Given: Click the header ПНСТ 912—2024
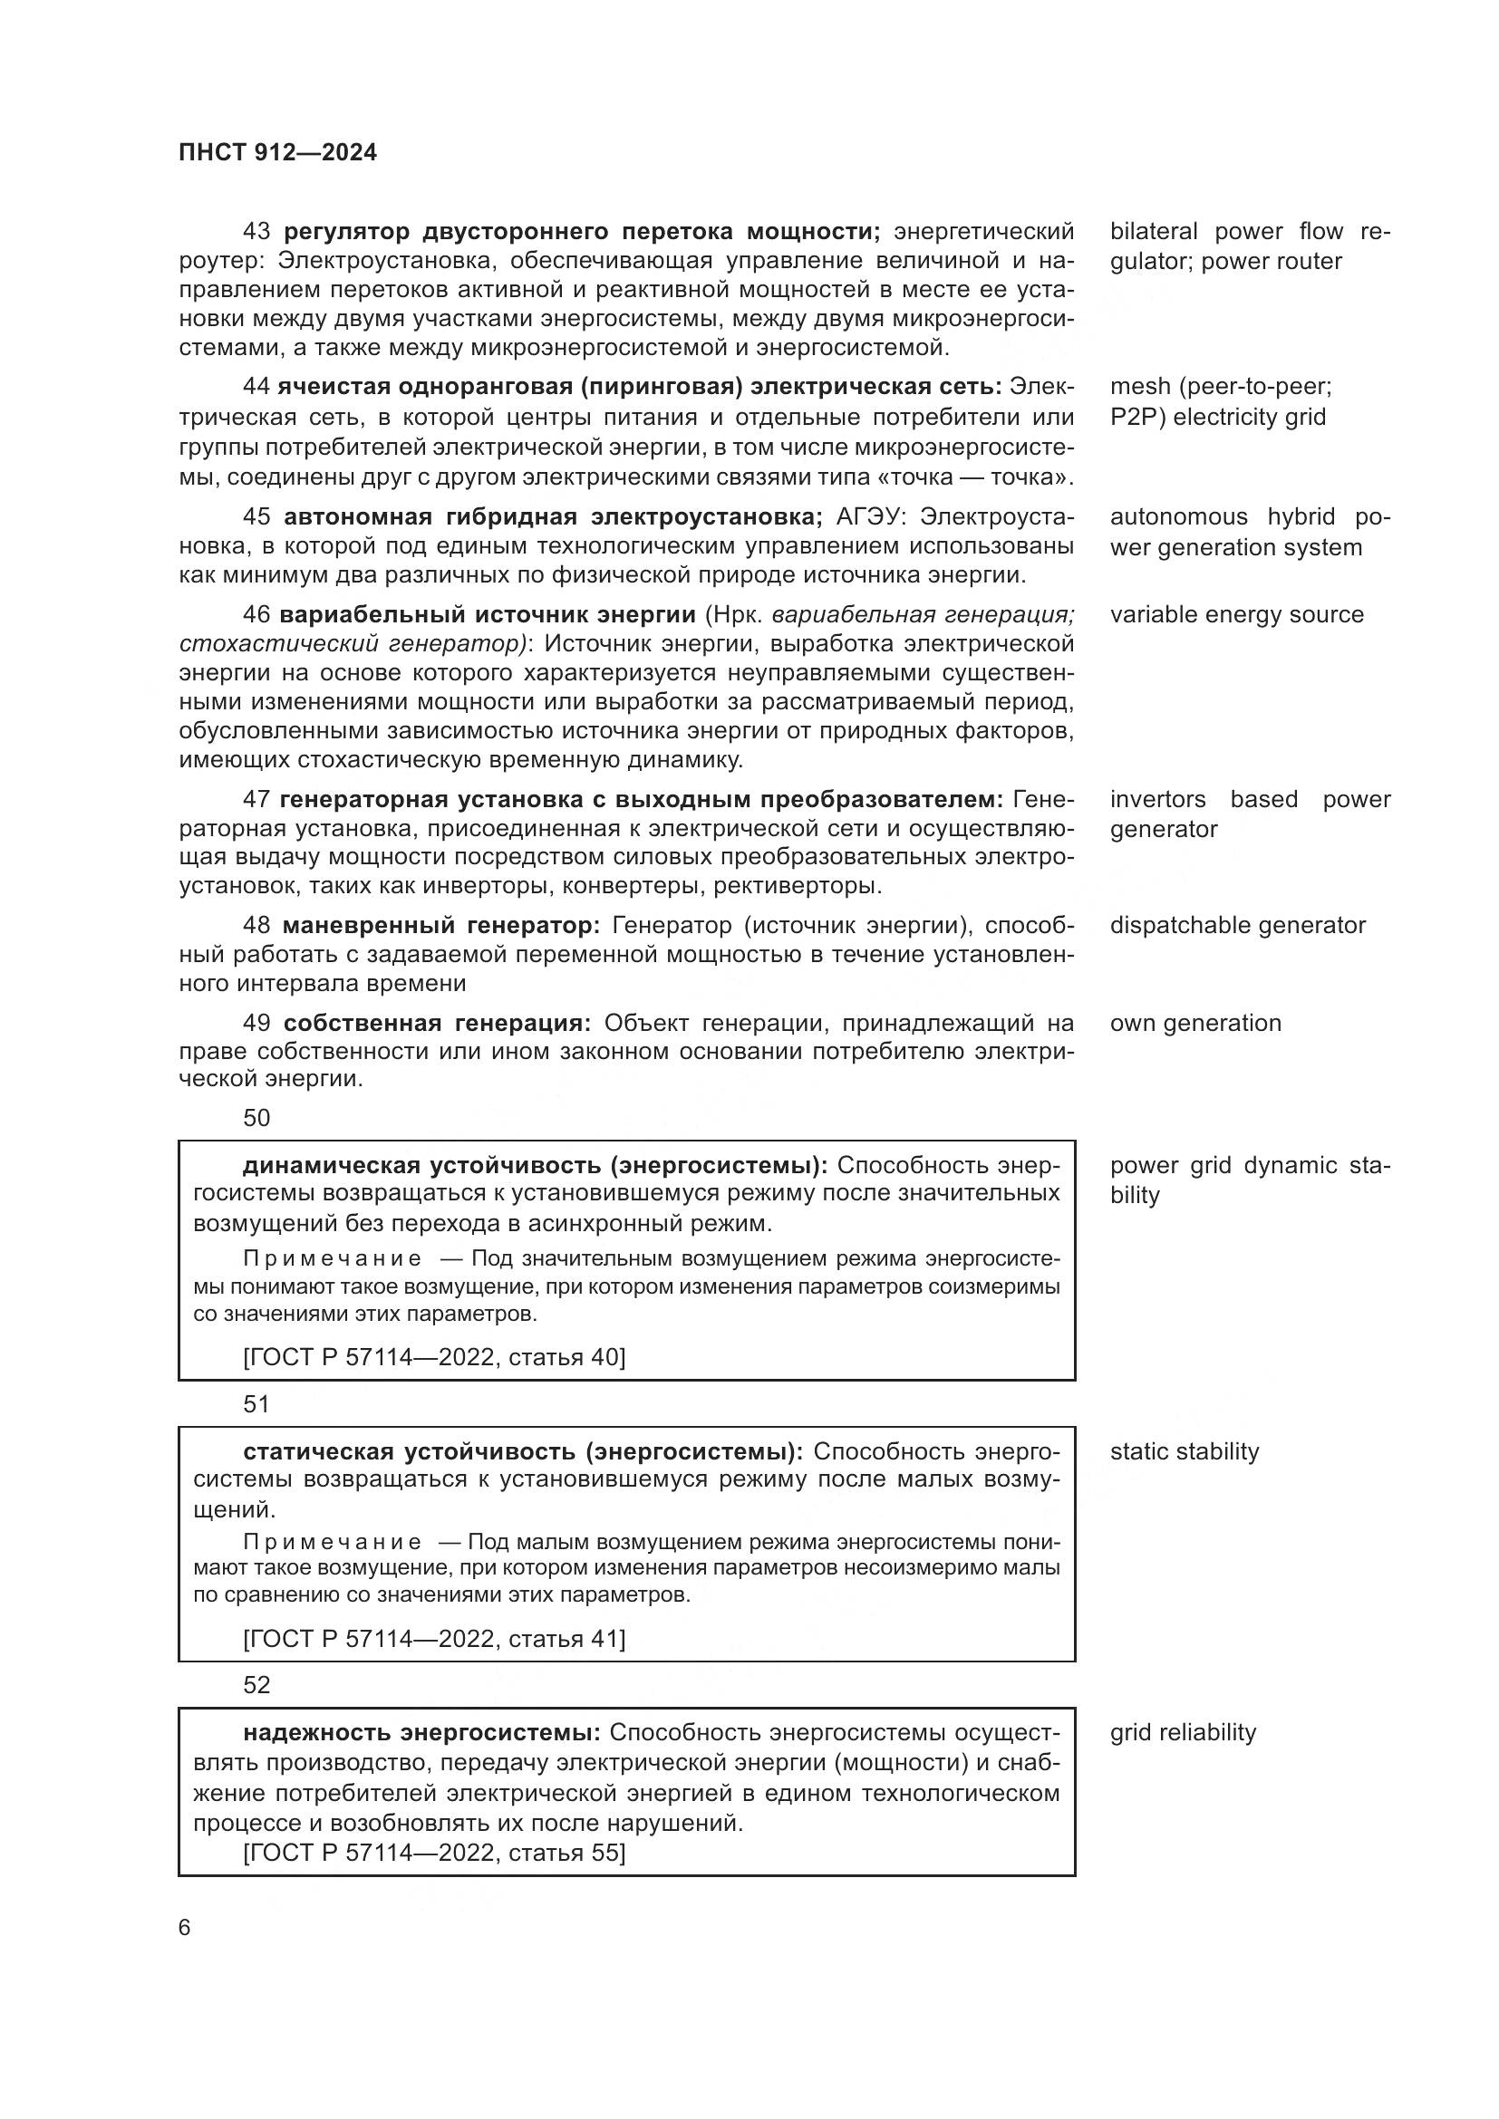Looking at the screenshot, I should pyautogui.click(x=278, y=152).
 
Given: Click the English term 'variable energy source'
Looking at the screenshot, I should pyautogui.click(x=1236, y=614).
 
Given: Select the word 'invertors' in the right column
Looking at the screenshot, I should pyautogui.click(x=1157, y=799).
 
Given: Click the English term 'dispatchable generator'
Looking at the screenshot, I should pyautogui.click(x=1237, y=925).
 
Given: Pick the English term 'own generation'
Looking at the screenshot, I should pyautogui.click(x=1195, y=1023).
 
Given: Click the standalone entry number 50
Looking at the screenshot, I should pyautogui.click(x=256, y=1118).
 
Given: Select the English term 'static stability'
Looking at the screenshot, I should pyautogui.click(x=1185, y=1451).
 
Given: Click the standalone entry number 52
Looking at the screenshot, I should pyautogui.click(x=256, y=1685).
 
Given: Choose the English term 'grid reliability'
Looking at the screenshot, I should pyautogui.click(x=1183, y=1732).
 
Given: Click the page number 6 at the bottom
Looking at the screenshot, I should pyautogui.click(x=184, y=1928).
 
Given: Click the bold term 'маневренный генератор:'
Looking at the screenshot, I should pyautogui.click(x=440, y=925).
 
